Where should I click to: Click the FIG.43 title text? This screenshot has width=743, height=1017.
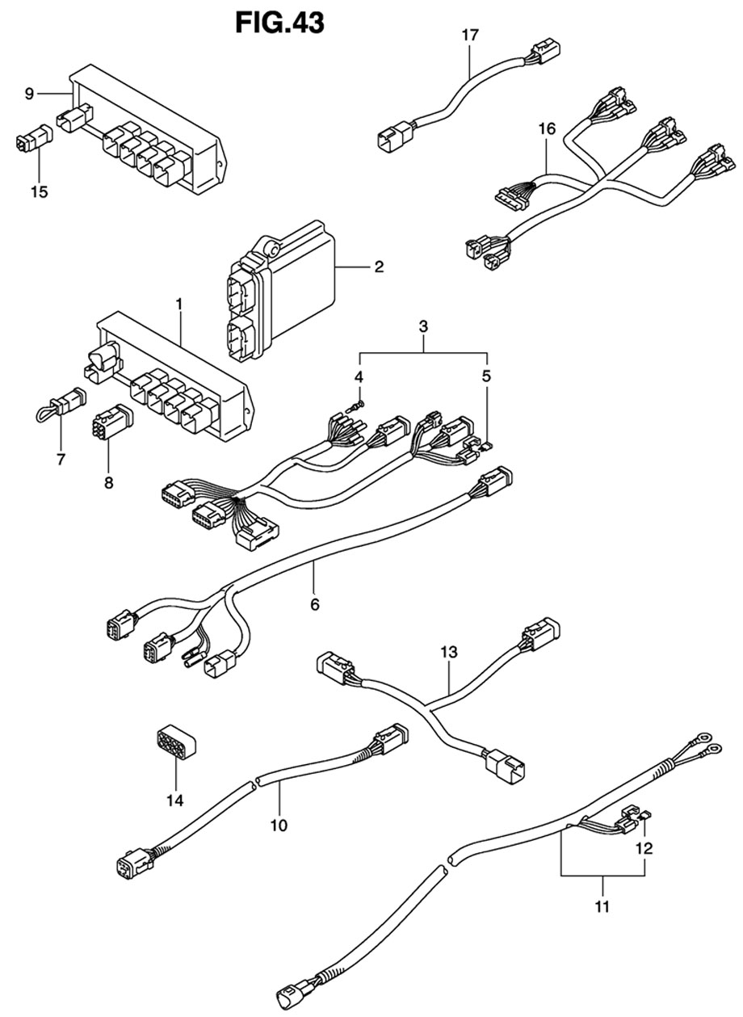280,23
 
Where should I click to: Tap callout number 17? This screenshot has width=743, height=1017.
470,35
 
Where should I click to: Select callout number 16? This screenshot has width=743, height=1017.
547,129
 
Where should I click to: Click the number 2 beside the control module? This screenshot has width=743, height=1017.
379,267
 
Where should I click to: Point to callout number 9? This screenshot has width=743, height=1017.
30,94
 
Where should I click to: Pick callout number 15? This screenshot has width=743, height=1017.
40,191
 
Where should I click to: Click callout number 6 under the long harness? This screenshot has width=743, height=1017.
314,604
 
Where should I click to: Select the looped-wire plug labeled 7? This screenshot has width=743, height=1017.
61,403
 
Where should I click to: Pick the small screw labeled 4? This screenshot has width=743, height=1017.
355,406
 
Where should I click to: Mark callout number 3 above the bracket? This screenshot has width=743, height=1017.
423,326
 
